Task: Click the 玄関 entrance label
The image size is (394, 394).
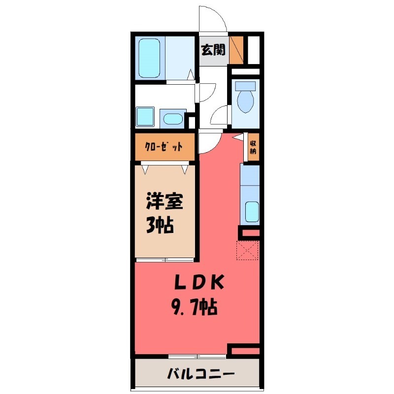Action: click(213, 50)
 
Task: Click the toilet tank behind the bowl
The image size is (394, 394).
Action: click(245, 86)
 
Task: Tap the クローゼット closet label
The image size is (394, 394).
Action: click(164, 147)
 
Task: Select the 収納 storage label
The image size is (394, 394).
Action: click(253, 147)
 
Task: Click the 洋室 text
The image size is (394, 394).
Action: click(164, 202)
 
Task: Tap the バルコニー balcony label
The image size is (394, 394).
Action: click(195, 373)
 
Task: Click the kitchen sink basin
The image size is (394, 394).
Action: click(252, 212)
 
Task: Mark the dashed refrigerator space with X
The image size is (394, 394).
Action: click(247, 249)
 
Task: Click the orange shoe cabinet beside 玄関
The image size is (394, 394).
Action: click(236, 50)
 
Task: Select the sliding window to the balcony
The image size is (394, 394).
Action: click(197, 356)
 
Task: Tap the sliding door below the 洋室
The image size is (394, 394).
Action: click(164, 259)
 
